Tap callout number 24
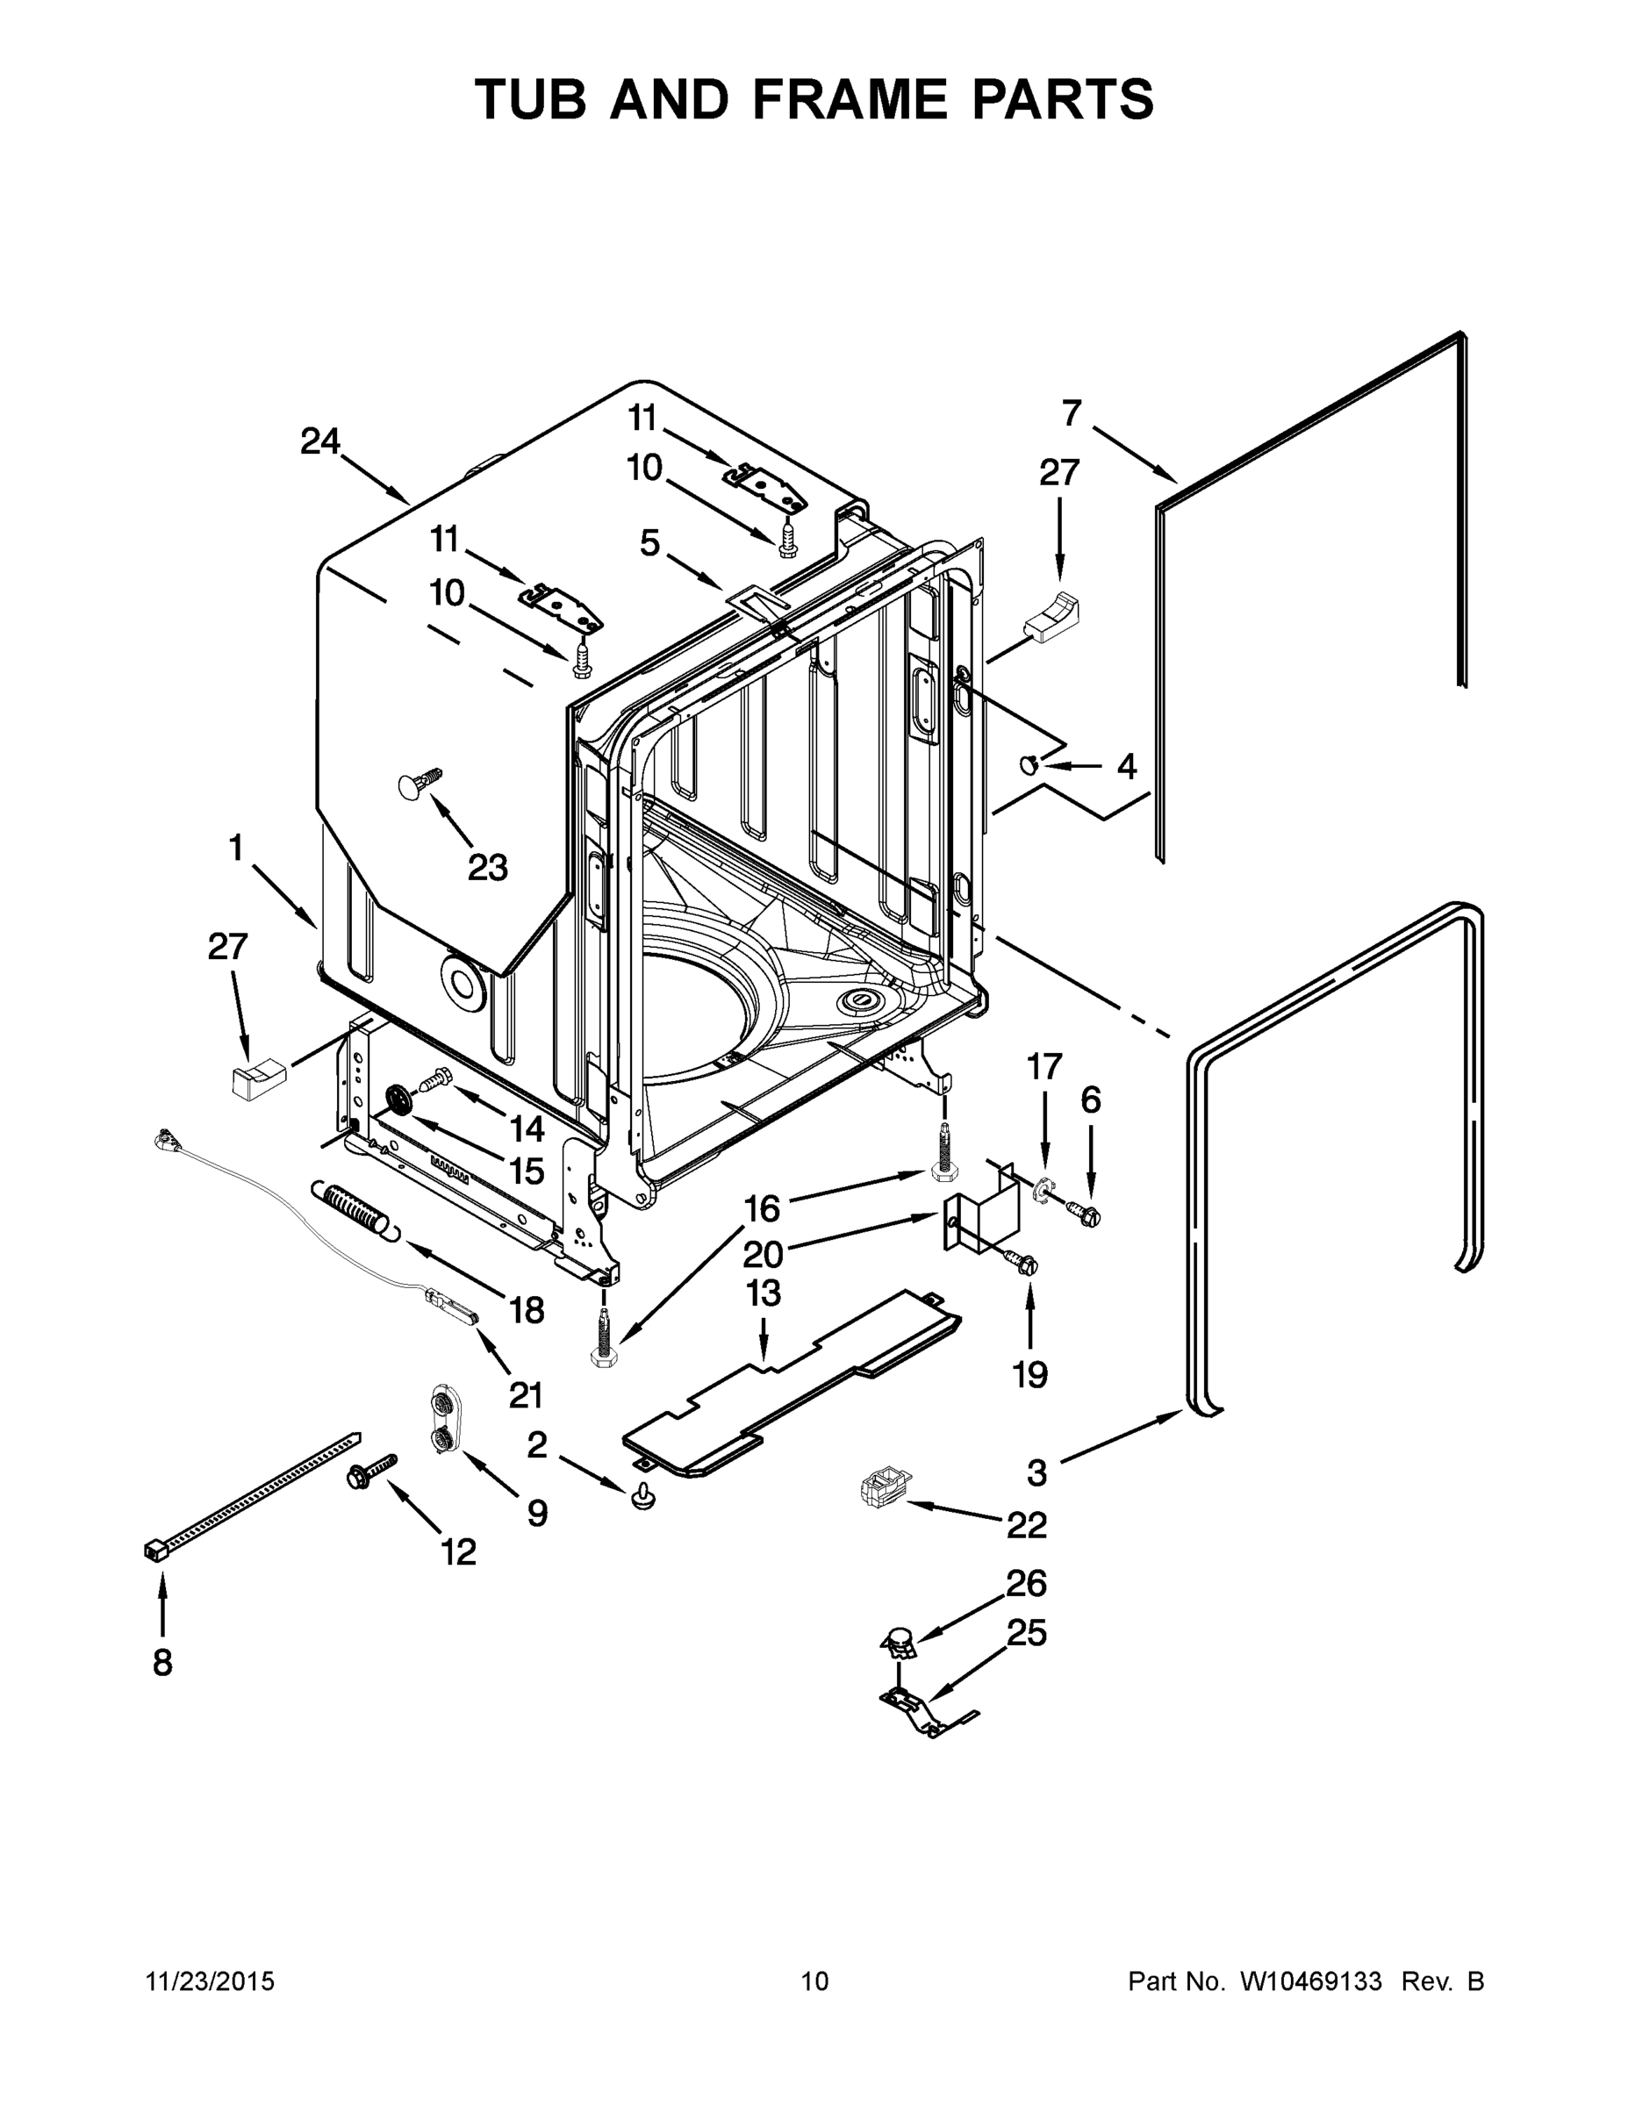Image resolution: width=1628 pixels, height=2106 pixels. (319, 441)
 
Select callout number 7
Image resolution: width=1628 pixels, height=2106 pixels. (1072, 413)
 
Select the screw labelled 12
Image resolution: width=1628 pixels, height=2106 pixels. (369, 1470)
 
